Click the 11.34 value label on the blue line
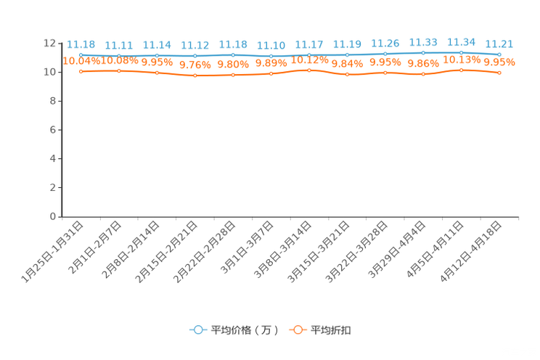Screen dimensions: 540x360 coord(461,42)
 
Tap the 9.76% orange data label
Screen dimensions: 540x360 coord(195,65)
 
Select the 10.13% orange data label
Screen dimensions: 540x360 coord(462,60)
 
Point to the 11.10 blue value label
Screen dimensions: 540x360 coord(271,46)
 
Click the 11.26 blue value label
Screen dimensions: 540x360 coord(385,44)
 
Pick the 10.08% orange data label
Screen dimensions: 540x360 coord(119,61)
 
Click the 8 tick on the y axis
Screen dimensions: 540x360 coord(53,101)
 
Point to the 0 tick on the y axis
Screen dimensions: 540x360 coord(53,216)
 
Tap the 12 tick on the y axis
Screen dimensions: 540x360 coord(49,43)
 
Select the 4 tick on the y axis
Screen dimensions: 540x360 coord(53,158)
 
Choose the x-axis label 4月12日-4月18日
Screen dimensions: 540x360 coord(471,252)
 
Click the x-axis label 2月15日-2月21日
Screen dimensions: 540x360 coord(167,252)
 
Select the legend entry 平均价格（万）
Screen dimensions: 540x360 coord(234,330)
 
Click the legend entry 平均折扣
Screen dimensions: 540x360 coord(320,330)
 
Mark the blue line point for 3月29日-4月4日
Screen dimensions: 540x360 coord(423,53)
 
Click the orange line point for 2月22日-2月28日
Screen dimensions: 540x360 coord(233,75)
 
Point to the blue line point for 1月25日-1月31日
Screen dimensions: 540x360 coord(81,54)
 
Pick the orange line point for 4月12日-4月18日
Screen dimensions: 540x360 coord(499,73)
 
